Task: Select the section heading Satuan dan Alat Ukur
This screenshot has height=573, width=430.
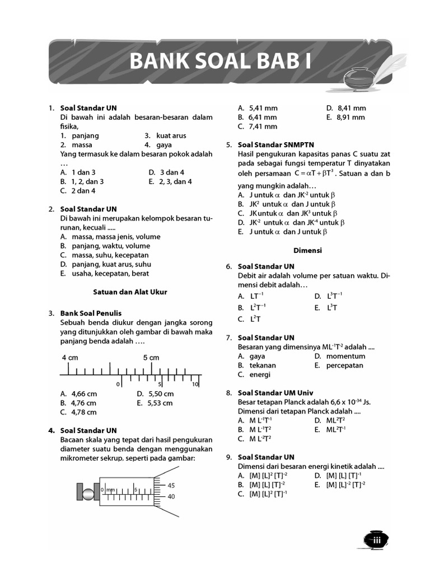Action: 130,292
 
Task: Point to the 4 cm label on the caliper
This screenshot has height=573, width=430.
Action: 70,357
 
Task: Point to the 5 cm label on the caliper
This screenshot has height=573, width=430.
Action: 151,357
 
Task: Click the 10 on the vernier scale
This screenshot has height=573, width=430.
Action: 195,384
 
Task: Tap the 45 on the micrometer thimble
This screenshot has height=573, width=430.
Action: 171,485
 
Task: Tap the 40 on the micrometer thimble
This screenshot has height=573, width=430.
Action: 171,496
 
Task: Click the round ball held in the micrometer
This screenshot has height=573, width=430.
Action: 88,494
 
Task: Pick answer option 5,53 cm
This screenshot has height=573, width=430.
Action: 160,403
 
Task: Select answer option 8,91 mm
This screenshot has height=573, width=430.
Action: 350,118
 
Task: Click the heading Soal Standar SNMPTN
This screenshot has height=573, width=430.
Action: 276,144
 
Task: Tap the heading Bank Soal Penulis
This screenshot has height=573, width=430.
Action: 91,313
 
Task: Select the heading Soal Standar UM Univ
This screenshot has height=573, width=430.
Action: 275,393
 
